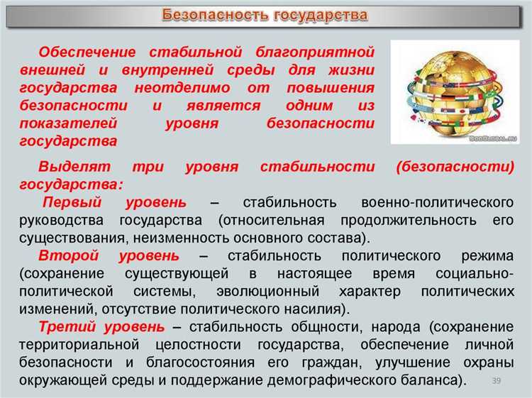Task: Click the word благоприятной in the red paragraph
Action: [320, 52]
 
